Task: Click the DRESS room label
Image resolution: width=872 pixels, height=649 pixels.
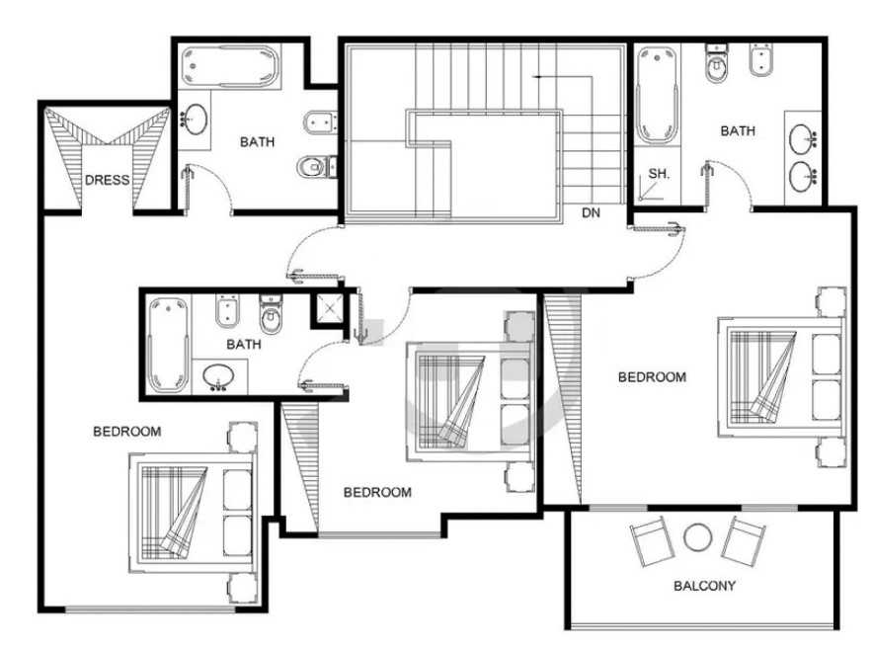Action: click(x=107, y=180)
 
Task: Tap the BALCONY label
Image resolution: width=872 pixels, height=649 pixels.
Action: click(x=704, y=586)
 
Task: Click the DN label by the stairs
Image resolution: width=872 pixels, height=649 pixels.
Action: click(x=591, y=212)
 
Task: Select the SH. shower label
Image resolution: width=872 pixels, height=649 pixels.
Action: click(x=659, y=174)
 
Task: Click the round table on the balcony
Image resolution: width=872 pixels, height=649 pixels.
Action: click(x=697, y=537)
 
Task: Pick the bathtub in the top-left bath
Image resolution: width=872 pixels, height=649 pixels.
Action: click(x=230, y=66)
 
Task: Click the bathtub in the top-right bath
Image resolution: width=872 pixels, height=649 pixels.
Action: click(x=657, y=95)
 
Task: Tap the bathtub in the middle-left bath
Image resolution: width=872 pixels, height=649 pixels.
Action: click(x=168, y=345)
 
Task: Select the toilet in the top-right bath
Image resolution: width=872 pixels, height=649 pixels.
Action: click(x=716, y=63)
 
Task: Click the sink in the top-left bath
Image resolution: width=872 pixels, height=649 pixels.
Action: click(x=196, y=119)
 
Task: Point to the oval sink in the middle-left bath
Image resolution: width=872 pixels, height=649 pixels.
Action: click(x=219, y=376)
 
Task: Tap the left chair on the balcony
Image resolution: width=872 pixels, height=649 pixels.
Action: click(x=649, y=541)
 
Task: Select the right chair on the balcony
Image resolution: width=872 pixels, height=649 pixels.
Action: click(x=744, y=541)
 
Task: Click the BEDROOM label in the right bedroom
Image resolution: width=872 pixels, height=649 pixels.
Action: click(x=652, y=377)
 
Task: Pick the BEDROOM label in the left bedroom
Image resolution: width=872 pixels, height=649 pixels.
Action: click(x=126, y=432)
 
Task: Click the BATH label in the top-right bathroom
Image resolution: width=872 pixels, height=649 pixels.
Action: click(x=738, y=131)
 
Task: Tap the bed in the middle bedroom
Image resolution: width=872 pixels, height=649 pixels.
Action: click(x=468, y=401)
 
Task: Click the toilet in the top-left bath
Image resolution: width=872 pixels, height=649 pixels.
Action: click(x=317, y=166)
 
